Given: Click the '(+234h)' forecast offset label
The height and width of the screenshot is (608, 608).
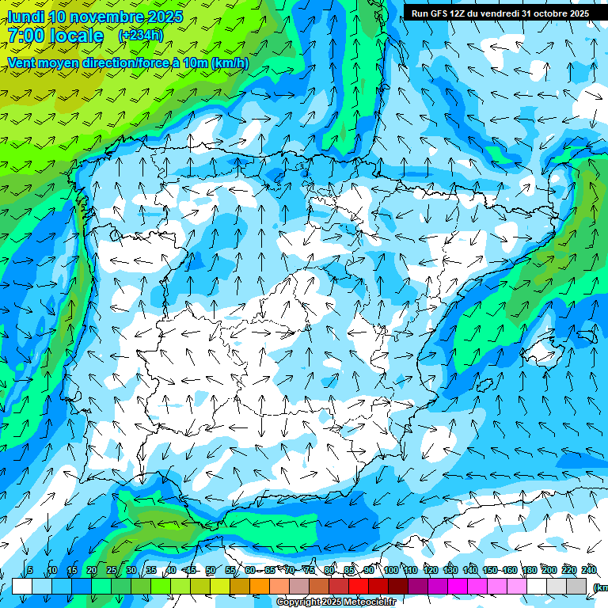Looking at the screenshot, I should (x=140, y=35).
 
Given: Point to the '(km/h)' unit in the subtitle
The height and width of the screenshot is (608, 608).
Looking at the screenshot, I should (x=230, y=63).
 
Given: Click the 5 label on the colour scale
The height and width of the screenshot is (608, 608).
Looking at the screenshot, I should (x=30, y=571).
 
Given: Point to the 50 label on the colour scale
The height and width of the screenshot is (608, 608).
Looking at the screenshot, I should (x=211, y=571).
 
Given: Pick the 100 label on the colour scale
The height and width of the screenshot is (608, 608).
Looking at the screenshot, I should (x=391, y=571).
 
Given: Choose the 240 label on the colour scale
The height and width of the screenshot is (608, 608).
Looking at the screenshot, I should (x=589, y=571).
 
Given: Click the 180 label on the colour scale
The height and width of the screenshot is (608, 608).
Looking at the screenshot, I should (x=530, y=571).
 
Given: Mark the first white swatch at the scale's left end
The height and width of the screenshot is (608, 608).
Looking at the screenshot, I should (x=22, y=587).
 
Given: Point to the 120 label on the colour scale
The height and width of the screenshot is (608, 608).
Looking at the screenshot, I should (x=431, y=571).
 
